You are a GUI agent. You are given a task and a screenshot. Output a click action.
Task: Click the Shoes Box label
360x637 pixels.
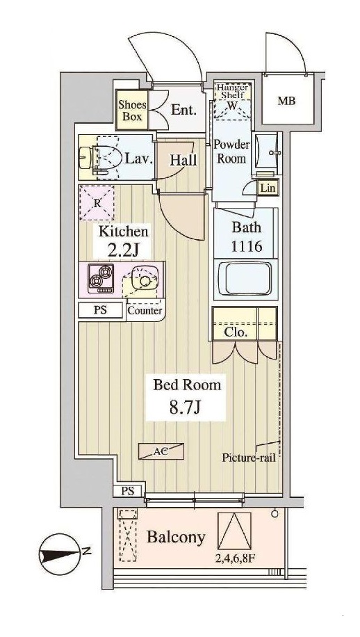tap(132, 111)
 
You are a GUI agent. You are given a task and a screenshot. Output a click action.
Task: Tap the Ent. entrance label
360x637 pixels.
tap(184, 110)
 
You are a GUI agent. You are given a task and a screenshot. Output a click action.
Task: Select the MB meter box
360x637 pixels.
tap(286, 101)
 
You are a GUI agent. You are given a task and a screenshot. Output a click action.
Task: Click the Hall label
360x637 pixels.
tap(183, 160)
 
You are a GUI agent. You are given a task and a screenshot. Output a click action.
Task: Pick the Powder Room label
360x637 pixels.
tap(231, 151)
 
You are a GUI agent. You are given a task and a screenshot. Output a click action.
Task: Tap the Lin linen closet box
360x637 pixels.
tap(268, 188)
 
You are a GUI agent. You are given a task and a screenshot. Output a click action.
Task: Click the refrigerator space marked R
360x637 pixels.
tap(97, 203)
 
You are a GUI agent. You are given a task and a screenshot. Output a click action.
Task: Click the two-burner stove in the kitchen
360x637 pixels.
tap(101, 278)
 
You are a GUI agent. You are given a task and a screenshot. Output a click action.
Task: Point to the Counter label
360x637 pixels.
tap(145, 311)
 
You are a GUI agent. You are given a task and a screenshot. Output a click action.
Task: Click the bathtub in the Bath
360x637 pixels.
tap(245, 279)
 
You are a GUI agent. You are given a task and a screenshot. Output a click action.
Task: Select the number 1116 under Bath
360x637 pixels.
tap(246, 245)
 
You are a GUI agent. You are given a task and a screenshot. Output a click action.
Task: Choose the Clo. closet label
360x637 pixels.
tap(236, 333)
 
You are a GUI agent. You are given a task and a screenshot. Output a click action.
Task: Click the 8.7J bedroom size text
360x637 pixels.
tap(186, 407)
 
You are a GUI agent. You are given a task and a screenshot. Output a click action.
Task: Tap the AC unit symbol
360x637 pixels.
tap(161, 451)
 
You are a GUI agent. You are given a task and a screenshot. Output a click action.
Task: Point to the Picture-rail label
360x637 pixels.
tap(249, 458)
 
